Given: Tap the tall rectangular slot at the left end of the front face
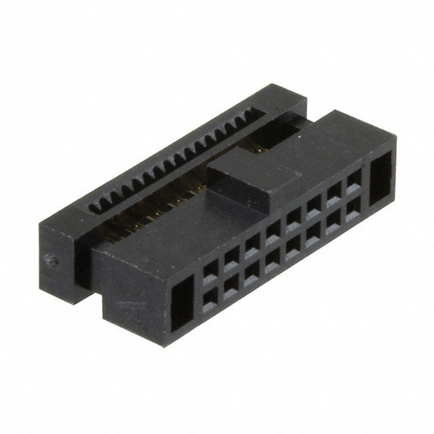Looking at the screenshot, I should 182,305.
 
